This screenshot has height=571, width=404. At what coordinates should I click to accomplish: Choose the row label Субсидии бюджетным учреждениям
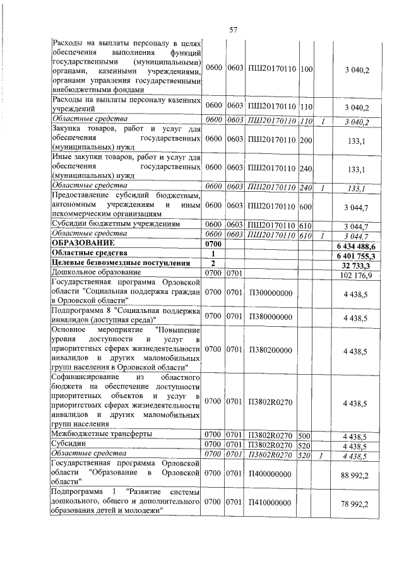(x=116, y=224)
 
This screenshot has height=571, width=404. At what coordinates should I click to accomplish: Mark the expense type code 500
(x=304, y=434)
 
